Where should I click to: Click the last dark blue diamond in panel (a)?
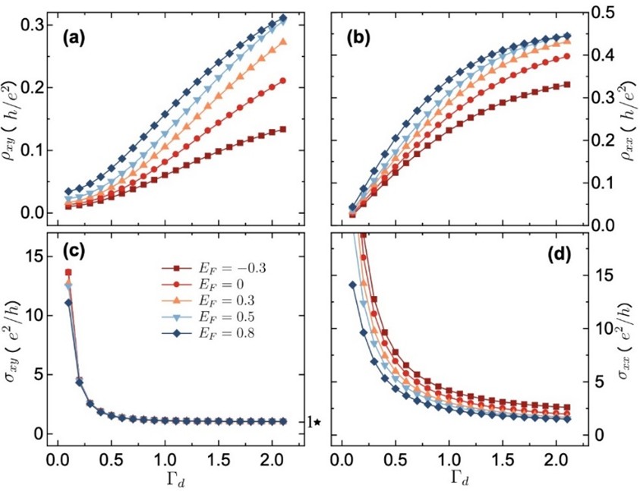283,18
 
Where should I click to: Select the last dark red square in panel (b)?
566,85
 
